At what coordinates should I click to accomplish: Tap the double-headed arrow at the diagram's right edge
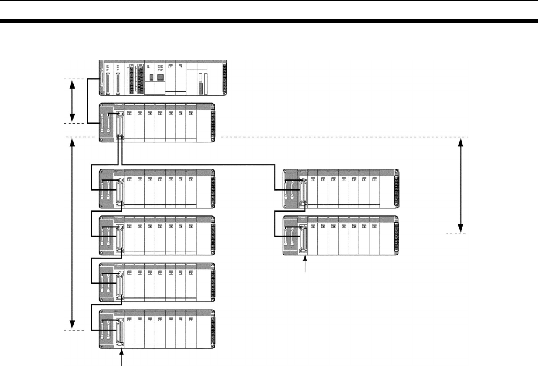tap(461, 185)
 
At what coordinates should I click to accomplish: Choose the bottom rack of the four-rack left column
tap(157, 329)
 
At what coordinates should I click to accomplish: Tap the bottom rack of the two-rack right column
tap(341, 235)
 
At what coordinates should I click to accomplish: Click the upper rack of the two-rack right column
tap(341, 189)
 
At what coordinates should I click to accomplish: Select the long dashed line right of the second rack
tap(343, 137)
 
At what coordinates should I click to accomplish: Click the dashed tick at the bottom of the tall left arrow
tap(73, 331)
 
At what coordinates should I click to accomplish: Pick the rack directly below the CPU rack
tap(157, 122)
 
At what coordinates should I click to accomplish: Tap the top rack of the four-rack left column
tap(157, 189)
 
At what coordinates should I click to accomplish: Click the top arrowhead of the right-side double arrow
tap(461, 141)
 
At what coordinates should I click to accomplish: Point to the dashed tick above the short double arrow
tap(73, 79)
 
